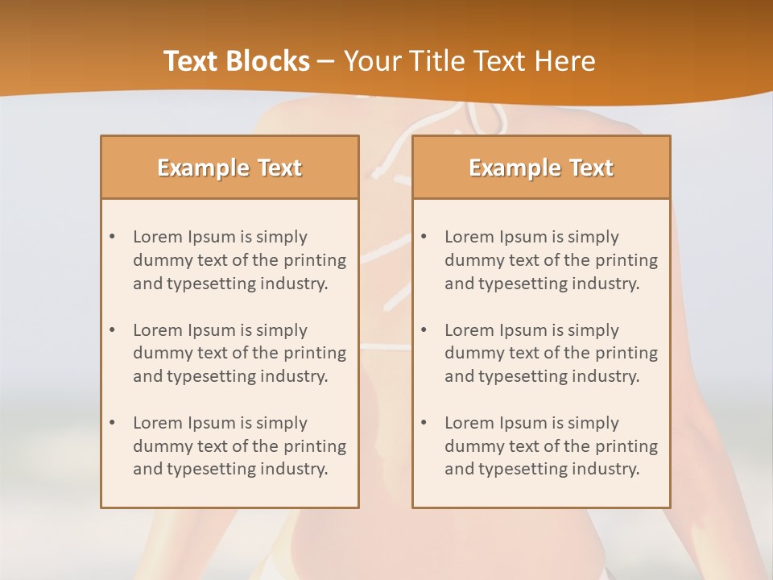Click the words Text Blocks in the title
pos(237,61)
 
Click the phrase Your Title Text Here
pos(469,61)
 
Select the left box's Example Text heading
pos(229,168)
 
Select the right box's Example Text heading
pos(541,168)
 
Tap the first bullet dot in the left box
pos(112,237)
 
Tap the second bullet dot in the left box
pos(112,330)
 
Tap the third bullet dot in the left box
pos(112,423)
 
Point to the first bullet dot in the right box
pos(424,237)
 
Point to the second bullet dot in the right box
pos(424,330)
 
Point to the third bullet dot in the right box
pos(424,423)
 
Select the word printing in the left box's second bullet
pos(316,353)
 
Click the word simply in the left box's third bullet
pos(282,423)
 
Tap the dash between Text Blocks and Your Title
pos(326,61)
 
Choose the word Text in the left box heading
pos(279,168)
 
